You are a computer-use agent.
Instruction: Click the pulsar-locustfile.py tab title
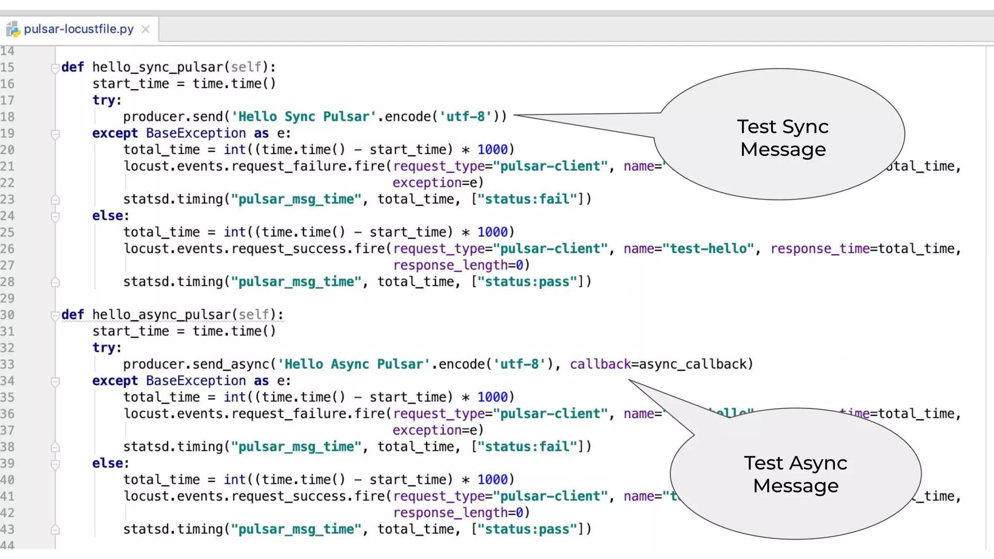tap(79, 29)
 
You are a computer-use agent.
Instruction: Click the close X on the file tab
tap(146, 29)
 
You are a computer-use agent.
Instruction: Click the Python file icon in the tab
tap(13, 29)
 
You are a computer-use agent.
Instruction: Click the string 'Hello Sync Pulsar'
tap(304, 116)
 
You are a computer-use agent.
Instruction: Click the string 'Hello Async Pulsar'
tap(354, 364)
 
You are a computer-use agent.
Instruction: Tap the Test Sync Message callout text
tap(782, 138)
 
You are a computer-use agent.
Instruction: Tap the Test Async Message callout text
tap(795, 474)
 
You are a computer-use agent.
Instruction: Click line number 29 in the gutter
tap(7, 298)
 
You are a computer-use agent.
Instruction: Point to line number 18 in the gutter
tap(7, 116)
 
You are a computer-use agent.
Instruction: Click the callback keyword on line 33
tap(600, 364)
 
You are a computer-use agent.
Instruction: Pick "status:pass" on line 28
tap(527, 281)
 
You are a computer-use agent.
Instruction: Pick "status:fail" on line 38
tap(527, 446)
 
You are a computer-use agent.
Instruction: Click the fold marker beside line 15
tap(55, 68)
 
